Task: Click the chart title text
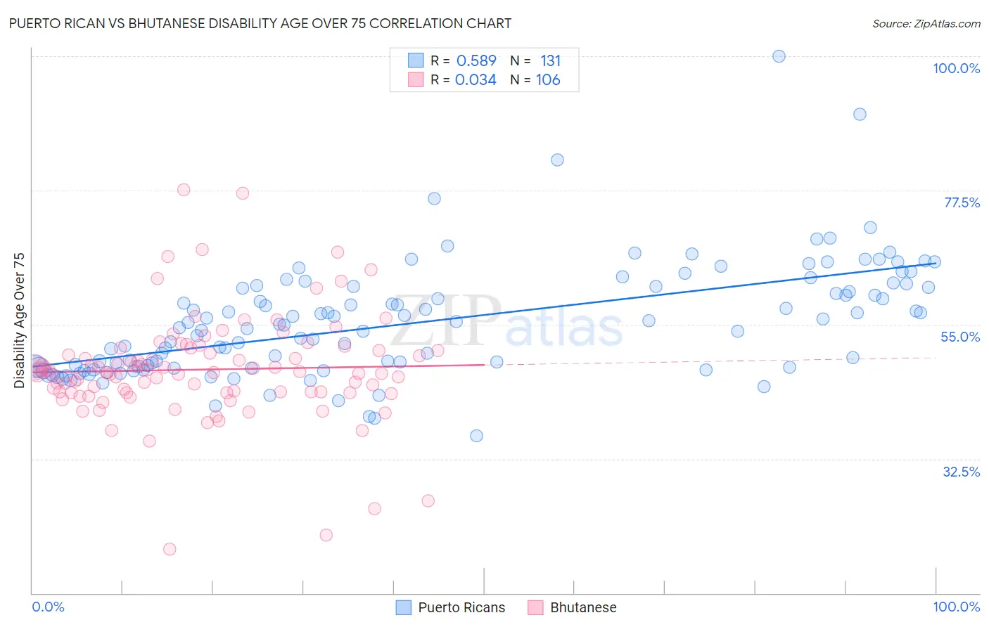click(x=260, y=23)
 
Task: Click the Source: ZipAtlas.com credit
click(x=926, y=23)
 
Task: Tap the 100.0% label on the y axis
click(x=956, y=68)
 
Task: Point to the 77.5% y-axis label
click(x=962, y=202)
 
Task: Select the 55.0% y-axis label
click(x=960, y=337)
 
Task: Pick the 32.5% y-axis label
click(x=961, y=472)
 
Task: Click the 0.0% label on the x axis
click(x=48, y=607)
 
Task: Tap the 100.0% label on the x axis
click(x=956, y=607)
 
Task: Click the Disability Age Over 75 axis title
click(x=19, y=320)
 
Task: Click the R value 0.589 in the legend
click(x=476, y=60)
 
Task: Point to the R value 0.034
click(x=476, y=80)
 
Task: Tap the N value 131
click(x=550, y=60)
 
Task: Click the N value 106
click(x=548, y=80)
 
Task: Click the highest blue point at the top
click(x=779, y=56)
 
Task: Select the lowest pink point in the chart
click(x=170, y=549)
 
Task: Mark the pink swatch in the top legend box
click(x=416, y=79)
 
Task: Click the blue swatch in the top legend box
click(x=416, y=60)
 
